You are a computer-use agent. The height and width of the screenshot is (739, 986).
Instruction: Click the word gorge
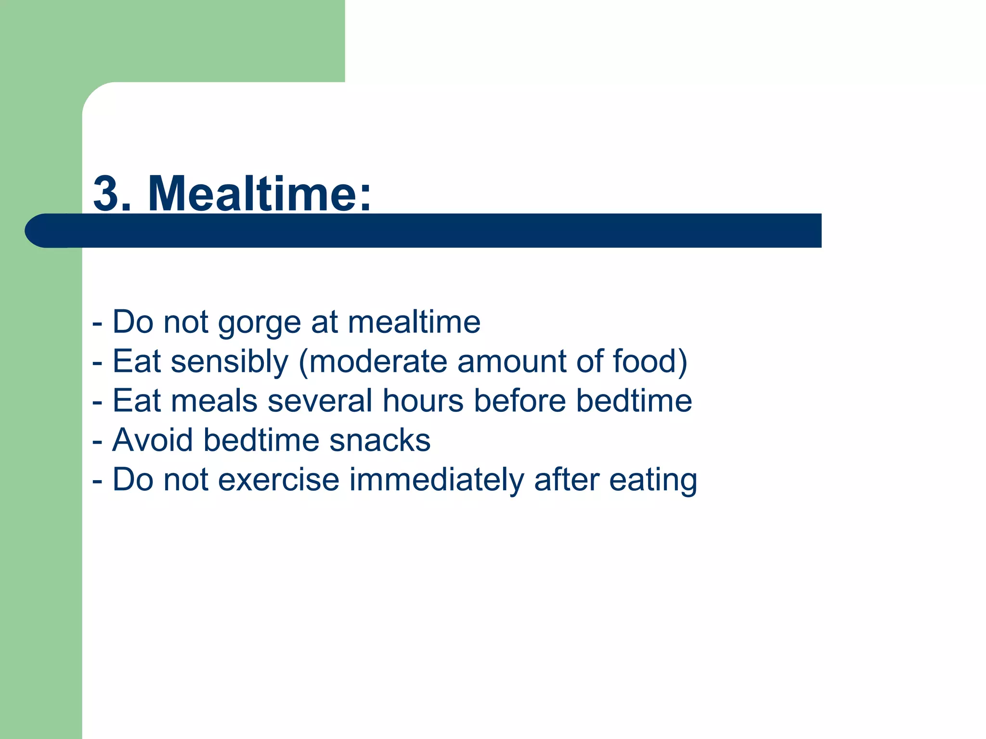pyautogui.click(x=259, y=323)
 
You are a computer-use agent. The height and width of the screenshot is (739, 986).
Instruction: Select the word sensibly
pyautogui.click(x=230, y=362)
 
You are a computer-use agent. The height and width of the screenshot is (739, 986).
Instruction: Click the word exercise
pyautogui.click(x=279, y=480)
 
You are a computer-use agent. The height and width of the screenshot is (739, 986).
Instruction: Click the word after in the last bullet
pyautogui.click(x=567, y=480)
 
